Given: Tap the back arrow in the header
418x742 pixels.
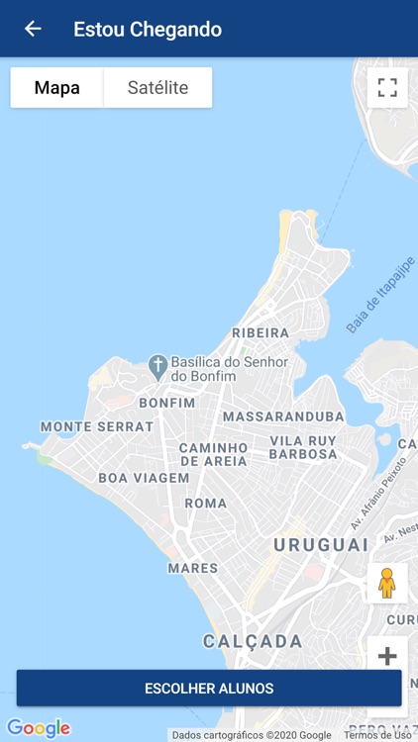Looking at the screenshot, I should (x=33, y=29).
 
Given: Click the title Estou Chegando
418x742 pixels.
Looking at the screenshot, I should (x=148, y=30).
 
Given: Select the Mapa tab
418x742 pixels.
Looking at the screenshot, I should (x=57, y=88).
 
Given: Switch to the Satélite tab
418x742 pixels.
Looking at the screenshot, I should (x=157, y=88).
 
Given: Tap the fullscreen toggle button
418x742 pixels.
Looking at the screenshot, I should (x=386, y=87).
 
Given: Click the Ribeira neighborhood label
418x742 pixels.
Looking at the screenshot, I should (x=261, y=333).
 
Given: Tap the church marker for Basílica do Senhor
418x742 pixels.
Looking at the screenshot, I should (x=157, y=365).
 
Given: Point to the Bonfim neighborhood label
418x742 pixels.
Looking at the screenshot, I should (x=167, y=403).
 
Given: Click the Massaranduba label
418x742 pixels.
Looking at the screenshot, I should (x=283, y=417).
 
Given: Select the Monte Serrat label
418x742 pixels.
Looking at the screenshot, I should (x=97, y=426).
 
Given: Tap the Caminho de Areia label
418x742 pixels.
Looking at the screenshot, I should (x=213, y=454).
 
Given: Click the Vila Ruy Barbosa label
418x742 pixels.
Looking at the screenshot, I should (x=303, y=447).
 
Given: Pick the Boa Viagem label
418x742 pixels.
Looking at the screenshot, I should (x=144, y=478).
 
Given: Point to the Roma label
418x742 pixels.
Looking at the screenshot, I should (x=206, y=503).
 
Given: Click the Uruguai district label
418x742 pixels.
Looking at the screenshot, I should (x=321, y=545).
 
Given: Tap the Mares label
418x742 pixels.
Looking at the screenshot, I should (x=192, y=568).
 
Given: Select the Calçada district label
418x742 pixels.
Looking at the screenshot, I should (x=253, y=642).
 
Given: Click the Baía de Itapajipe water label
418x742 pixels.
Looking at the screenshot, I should (x=380, y=295).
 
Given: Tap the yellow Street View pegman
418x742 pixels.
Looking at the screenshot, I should (x=386, y=583).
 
